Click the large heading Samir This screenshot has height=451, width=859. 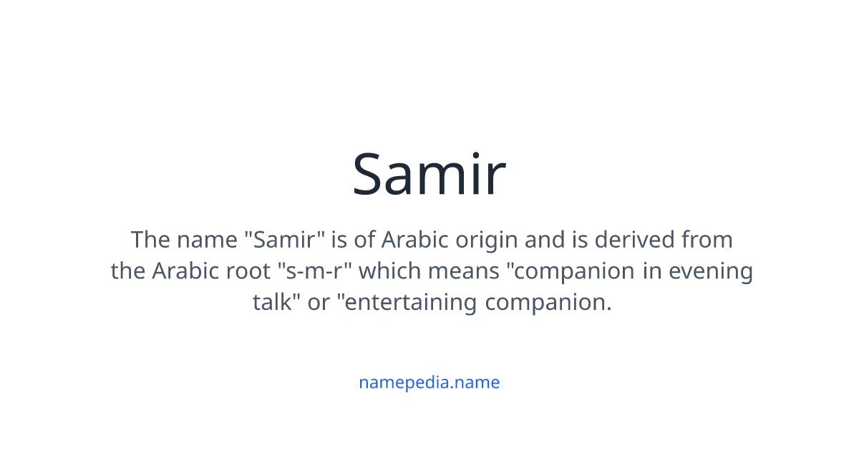pos(429,175)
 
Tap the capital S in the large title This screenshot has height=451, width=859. pos(372,175)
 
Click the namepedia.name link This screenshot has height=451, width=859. pos(429,382)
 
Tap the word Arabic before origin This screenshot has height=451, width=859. pos(412,239)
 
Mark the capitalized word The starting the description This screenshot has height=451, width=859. pos(150,239)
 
